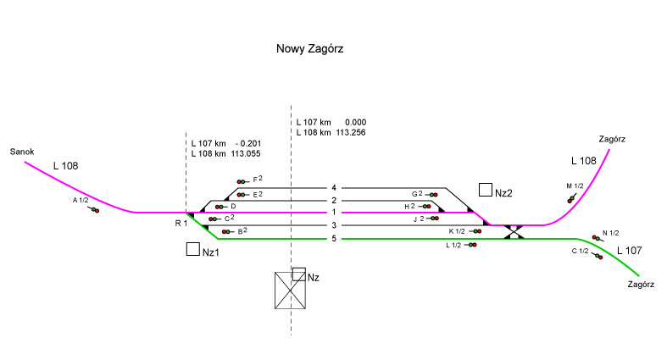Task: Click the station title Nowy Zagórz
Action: click(309, 49)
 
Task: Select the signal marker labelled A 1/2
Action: click(93, 208)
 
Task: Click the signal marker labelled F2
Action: click(243, 181)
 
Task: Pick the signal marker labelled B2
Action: click(226, 231)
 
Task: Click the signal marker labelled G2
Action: click(432, 195)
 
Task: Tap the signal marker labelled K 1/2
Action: click(474, 231)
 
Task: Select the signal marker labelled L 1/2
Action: click(470, 245)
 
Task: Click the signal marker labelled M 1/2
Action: click(570, 198)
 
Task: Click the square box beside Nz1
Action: click(192, 250)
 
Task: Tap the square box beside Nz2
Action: click(486, 190)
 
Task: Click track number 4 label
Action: click(334, 187)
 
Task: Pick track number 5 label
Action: click(334, 239)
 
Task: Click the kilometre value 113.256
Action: click(351, 133)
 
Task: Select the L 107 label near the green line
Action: click(631, 251)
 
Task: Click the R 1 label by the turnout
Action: click(181, 223)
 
